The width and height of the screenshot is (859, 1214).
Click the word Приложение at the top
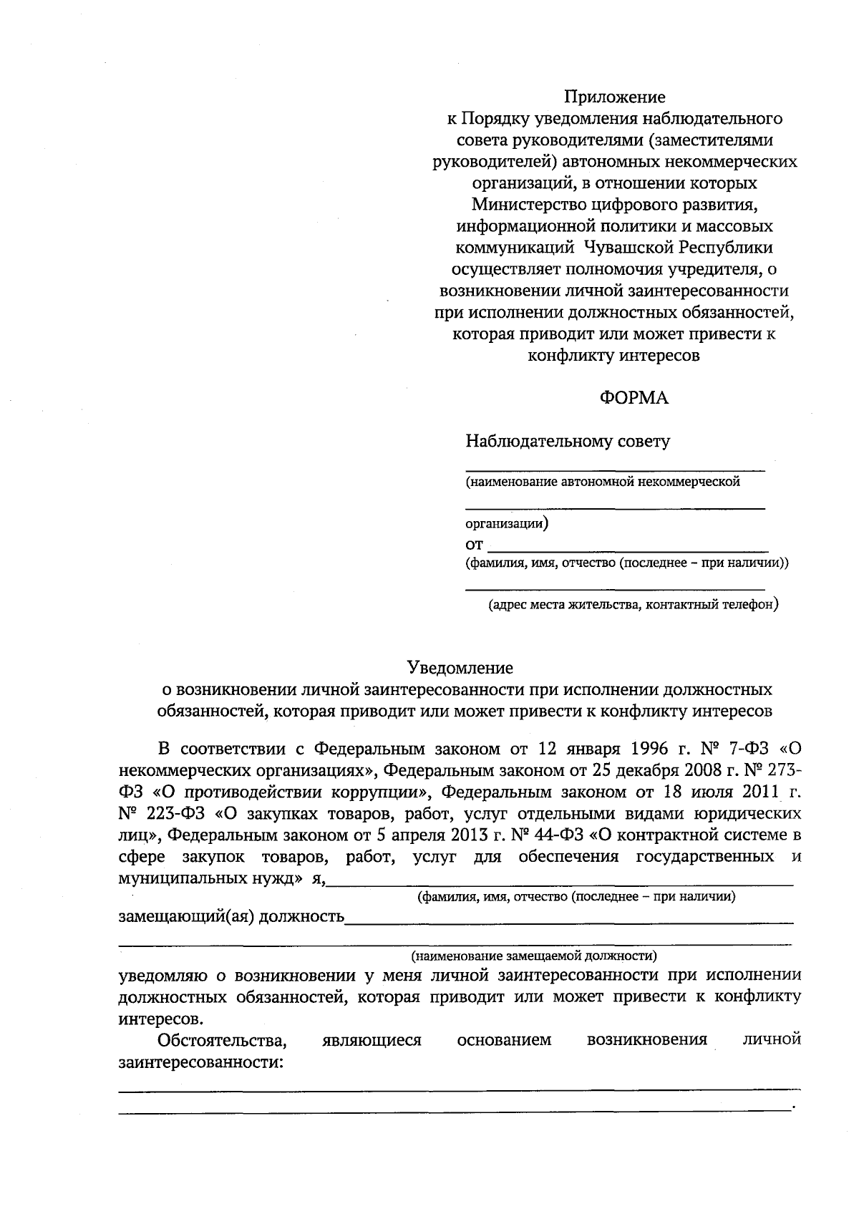tap(614, 97)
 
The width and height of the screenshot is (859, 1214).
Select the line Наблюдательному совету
tap(568, 441)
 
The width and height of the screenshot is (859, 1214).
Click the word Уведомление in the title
tap(460, 668)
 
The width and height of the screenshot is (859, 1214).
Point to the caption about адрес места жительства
tap(633, 605)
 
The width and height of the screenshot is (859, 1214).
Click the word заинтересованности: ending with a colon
tap(200, 1062)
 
